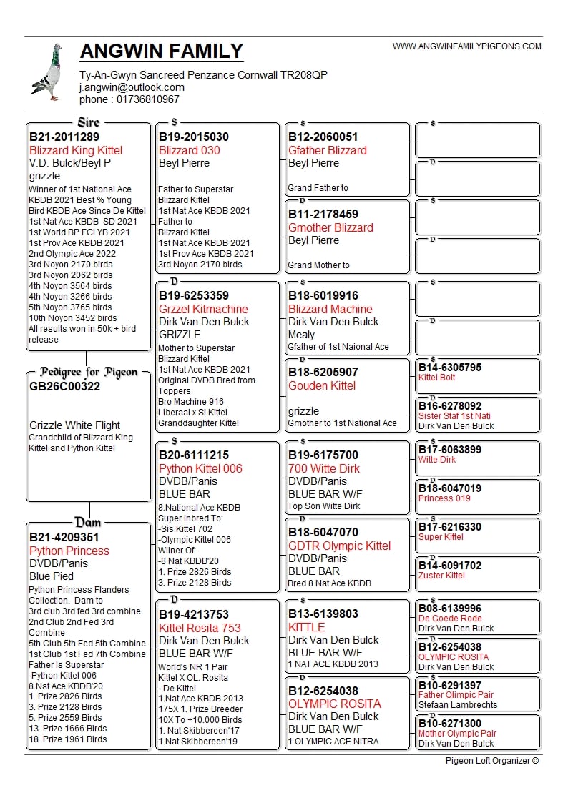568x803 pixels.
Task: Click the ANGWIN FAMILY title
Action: coord(162,51)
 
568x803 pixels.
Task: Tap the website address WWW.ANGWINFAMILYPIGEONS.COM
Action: coord(467,46)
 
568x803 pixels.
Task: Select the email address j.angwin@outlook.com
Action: coord(132,87)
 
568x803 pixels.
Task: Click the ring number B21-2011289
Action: coord(64,137)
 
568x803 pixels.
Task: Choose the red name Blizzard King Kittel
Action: coord(76,150)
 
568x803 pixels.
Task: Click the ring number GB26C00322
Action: coord(65,386)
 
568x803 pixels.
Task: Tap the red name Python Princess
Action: coord(69,551)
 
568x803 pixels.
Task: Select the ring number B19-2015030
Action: coord(194,137)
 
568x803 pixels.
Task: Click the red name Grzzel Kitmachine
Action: coord(203,309)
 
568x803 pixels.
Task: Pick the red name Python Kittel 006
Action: coord(200,468)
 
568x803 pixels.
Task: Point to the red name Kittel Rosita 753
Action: coord(200,627)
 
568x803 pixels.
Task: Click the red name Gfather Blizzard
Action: coord(327,150)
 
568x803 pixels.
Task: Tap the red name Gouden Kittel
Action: coord(322,385)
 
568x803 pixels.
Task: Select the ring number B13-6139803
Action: coord(323,614)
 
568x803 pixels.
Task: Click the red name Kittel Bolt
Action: coord(436,378)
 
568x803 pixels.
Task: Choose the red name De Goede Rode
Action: coord(450,619)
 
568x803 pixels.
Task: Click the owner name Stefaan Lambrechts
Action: coord(458,705)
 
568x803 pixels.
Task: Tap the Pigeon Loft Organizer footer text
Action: coord(491,760)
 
